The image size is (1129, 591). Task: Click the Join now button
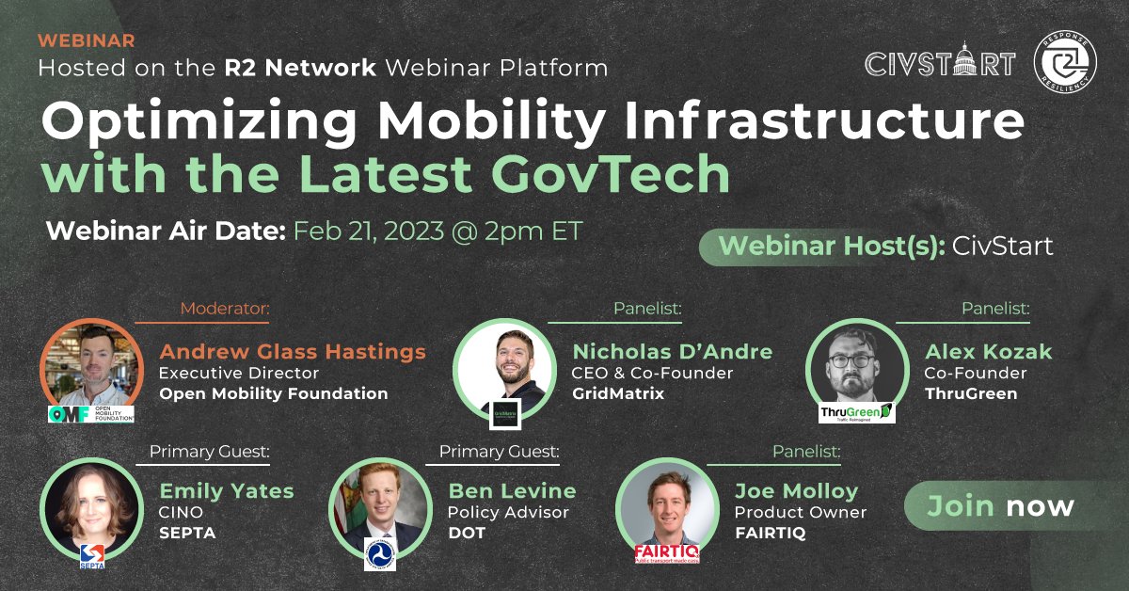point(1000,506)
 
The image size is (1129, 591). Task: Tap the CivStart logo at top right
point(940,63)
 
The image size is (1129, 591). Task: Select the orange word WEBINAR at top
point(87,40)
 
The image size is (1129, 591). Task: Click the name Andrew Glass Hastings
point(293,352)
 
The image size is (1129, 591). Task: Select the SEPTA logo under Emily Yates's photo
point(91,554)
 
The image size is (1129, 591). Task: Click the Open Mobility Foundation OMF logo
point(91,412)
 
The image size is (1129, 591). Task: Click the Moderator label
point(224,308)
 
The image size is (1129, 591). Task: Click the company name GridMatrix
point(618,393)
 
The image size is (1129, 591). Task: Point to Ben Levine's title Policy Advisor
point(508,513)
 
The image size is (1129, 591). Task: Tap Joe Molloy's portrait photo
point(666,508)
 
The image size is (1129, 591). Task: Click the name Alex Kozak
point(988,352)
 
